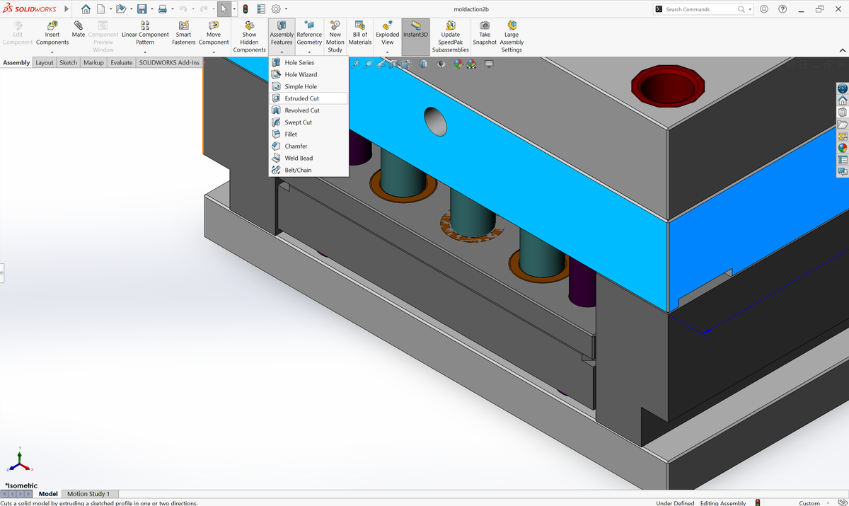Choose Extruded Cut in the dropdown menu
pyautogui.click(x=301, y=98)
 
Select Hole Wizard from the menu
pyautogui.click(x=301, y=74)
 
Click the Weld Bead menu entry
pyautogui.click(x=299, y=158)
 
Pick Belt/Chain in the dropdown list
pyautogui.click(x=298, y=170)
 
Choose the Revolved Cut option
pyautogui.click(x=302, y=110)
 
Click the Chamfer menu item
pyautogui.click(x=296, y=146)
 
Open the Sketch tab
pyautogui.click(x=68, y=63)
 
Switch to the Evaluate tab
pyautogui.click(x=121, y=63)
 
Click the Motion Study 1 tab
pyautogui.click(x=88, y=494)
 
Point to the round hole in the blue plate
pyautogui.click(x=436, y=121)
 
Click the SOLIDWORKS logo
pyautogui.click(x=30, y=9)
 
